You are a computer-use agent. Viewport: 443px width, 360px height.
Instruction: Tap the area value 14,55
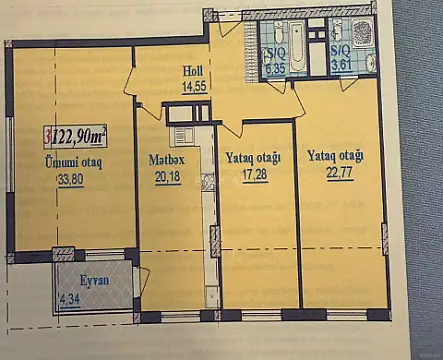click(194, 87)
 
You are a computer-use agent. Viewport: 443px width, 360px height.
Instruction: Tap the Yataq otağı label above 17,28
click(252, 158)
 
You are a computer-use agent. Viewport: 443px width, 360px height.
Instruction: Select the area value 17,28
click(252, 176)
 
